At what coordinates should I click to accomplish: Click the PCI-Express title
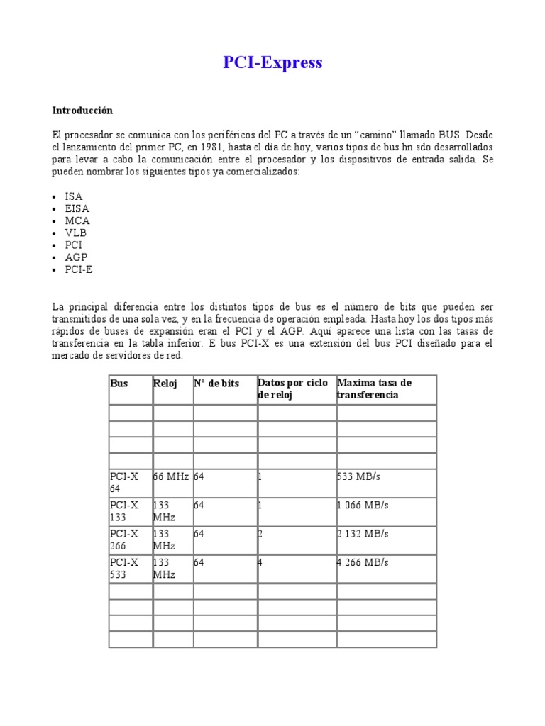click(x=272, y=62)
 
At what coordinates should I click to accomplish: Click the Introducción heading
click(x=82, y=111)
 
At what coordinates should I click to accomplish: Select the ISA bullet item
click(x=74, y=196)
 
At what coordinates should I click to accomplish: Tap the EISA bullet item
click(x=77, y=208)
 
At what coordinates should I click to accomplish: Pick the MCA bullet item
click(x=77, y=220)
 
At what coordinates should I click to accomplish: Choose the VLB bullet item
click(x=76, y=233)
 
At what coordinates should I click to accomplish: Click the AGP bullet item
click(x=76, y=257)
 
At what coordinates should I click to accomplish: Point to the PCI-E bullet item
click(x=79, y=269)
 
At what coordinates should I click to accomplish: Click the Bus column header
click(x=119, y=383)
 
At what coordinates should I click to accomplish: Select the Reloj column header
click(x=165, y=383)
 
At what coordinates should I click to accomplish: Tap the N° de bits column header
click(x=216, y=383)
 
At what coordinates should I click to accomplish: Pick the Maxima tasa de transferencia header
click(x=374, y=389)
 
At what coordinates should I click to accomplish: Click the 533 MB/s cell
click(x=363, y=477)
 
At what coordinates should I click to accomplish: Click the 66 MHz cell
click(x=171, y=477)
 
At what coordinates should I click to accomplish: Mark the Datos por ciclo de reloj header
click(x=292, y=389)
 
